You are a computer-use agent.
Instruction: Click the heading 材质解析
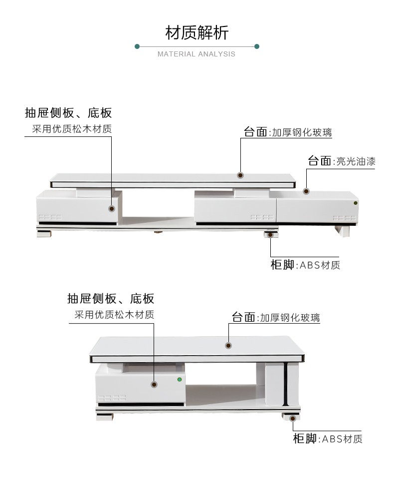[197, 32]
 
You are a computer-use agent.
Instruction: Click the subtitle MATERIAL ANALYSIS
[197, 54]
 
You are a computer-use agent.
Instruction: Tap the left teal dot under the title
[137, 46]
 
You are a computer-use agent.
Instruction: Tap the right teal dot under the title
[256, 46]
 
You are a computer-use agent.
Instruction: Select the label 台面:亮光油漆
[342, 161]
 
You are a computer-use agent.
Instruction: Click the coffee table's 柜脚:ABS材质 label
[328, 439]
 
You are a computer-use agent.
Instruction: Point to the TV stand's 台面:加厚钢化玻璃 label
[288, 132]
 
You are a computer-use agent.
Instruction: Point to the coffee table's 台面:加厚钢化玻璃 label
[276, 317]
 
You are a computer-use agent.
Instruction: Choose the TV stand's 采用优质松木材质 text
[72, 129]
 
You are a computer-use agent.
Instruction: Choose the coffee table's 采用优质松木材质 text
[114, 315]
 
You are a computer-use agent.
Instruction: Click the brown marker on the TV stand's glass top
[240, 175]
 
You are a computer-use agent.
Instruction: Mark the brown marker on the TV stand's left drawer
[112, 208]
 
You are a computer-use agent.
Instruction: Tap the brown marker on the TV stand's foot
[270, 235]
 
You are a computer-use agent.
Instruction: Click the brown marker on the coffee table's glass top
[228, 345]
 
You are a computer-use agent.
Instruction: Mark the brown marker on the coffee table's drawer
[154, 384]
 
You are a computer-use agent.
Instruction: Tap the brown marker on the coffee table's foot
[292, 419]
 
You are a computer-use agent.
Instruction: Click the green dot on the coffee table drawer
[180, 379]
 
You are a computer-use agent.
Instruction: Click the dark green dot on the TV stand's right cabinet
[355, 203]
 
